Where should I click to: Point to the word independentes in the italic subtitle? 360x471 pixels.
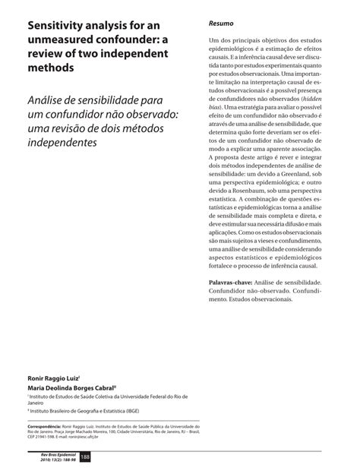(x=63, y=142)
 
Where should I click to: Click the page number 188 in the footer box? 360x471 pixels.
(x=86, y=457)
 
